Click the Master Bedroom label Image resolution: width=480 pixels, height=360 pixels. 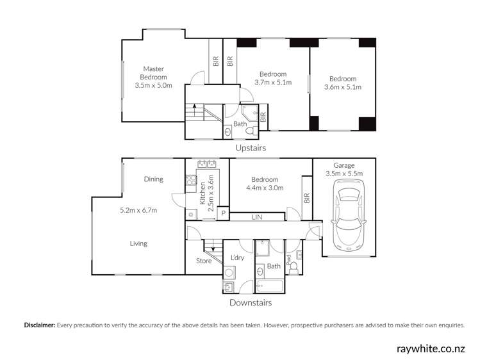coord(154,73)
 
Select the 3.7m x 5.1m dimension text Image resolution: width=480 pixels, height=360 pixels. coord(273,83)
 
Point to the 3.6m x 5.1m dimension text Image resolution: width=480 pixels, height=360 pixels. coord(343,87)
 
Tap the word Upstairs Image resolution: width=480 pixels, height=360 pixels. coord(250,147)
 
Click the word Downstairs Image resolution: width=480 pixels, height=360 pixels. coord(250,302)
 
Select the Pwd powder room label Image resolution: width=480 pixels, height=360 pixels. coord(288,259)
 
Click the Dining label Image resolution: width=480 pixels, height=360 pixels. coord(153,179)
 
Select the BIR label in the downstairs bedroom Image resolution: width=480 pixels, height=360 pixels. coord(306,199)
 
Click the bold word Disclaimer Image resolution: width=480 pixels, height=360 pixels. coord(40,325)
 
